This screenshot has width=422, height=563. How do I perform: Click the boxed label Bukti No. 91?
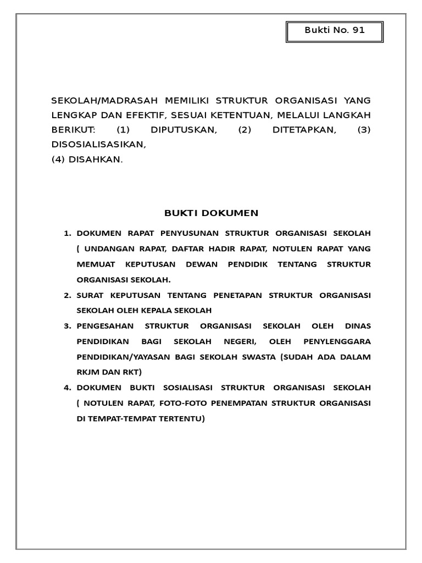tap(335, 31)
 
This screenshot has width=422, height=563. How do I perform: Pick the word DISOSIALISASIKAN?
tap(99, 145)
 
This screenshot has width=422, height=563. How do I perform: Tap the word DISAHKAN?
tap(96, 159)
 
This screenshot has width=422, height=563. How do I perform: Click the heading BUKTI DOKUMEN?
tap(212, 213)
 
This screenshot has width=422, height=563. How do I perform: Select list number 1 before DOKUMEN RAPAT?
tap(68, 233)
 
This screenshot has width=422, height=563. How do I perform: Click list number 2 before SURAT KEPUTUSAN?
tap(68, 295)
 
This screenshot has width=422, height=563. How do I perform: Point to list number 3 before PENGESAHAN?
tap(68, 326)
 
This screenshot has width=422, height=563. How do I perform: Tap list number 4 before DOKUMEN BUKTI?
tap(68, 388)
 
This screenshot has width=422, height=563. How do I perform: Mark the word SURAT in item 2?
tap(90, 295)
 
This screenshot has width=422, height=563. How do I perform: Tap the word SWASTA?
tap(259, 357)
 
